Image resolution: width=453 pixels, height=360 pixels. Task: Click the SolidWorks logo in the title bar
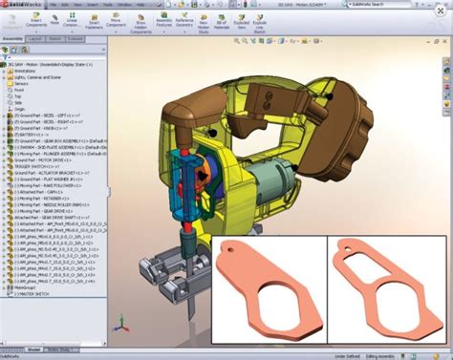pyautogui.click(x=21, y=5)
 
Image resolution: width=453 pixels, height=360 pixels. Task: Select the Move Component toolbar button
pyautogui.click(x=117, y=22)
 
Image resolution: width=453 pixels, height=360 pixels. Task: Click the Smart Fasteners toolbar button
pyautogui.click(x=94, y=22)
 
